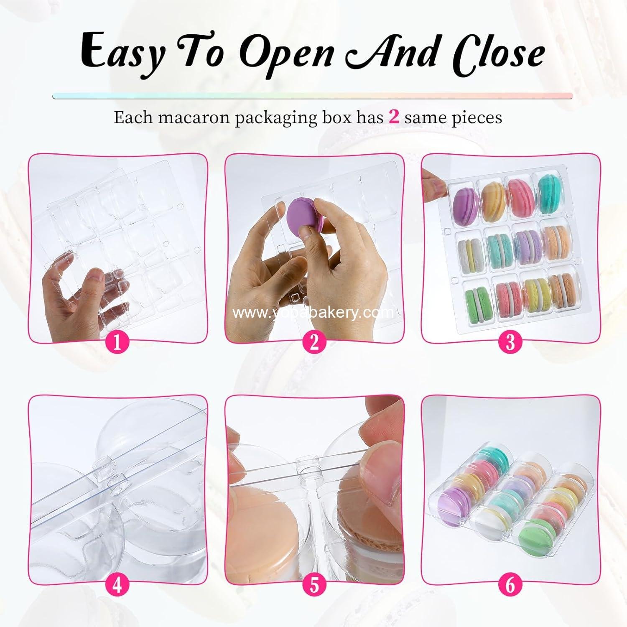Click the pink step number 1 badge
click(117, 342)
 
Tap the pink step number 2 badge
click(314, 342)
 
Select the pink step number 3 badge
click(510, 342)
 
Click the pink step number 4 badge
click(117, 584)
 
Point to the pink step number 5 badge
click(314, 584)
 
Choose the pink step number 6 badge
click(510, 584)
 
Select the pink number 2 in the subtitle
click(394, 117)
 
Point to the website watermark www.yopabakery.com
click(313, 313)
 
